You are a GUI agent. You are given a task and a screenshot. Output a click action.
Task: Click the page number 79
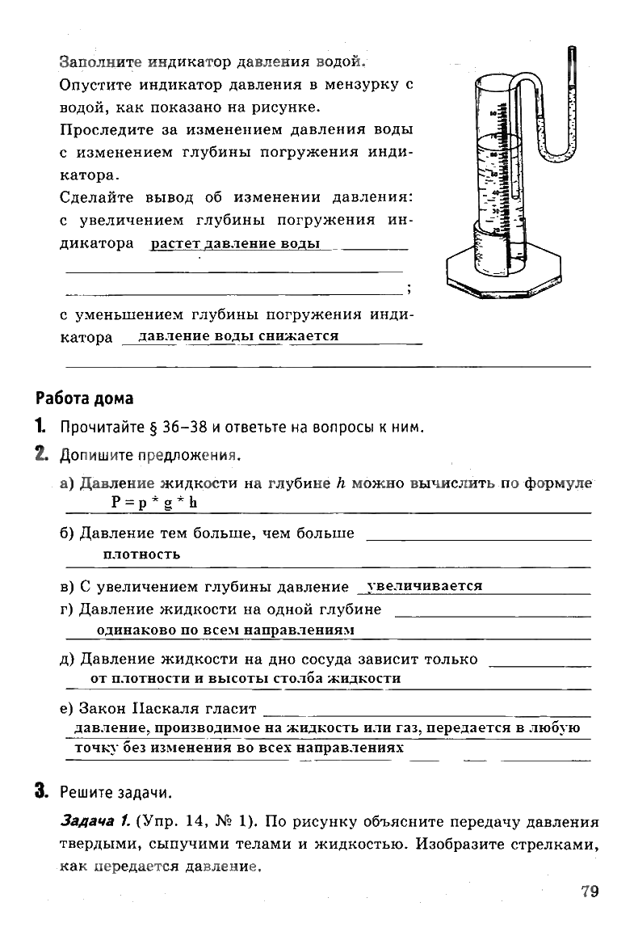coord(589,892)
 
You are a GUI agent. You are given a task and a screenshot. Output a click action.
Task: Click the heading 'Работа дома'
coord(85,398)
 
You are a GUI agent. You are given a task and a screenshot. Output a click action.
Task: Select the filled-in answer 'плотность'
coord(141,554)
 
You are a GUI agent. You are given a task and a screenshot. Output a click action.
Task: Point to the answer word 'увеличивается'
coord(424,586)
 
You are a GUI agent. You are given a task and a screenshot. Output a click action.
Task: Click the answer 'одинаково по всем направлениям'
coord(225,629)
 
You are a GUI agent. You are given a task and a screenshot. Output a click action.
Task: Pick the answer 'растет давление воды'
coord(235,243)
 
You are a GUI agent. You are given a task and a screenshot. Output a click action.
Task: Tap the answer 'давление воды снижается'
coord(238,335)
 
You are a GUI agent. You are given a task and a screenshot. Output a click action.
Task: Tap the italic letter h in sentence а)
coord(340,483)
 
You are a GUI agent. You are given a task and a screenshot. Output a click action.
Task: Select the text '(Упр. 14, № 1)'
coord(194,823)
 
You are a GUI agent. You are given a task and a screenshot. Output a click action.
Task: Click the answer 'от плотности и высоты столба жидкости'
coord(246,678)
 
